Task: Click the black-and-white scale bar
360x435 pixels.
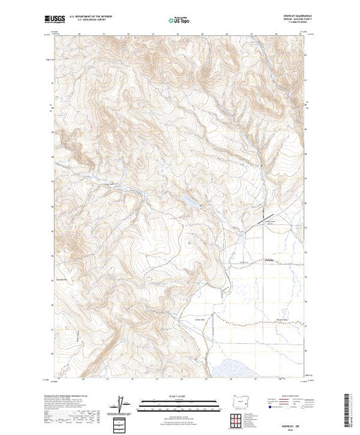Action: click(x=179, y=400)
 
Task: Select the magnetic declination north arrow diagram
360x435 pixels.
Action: click(x=123, y=402)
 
